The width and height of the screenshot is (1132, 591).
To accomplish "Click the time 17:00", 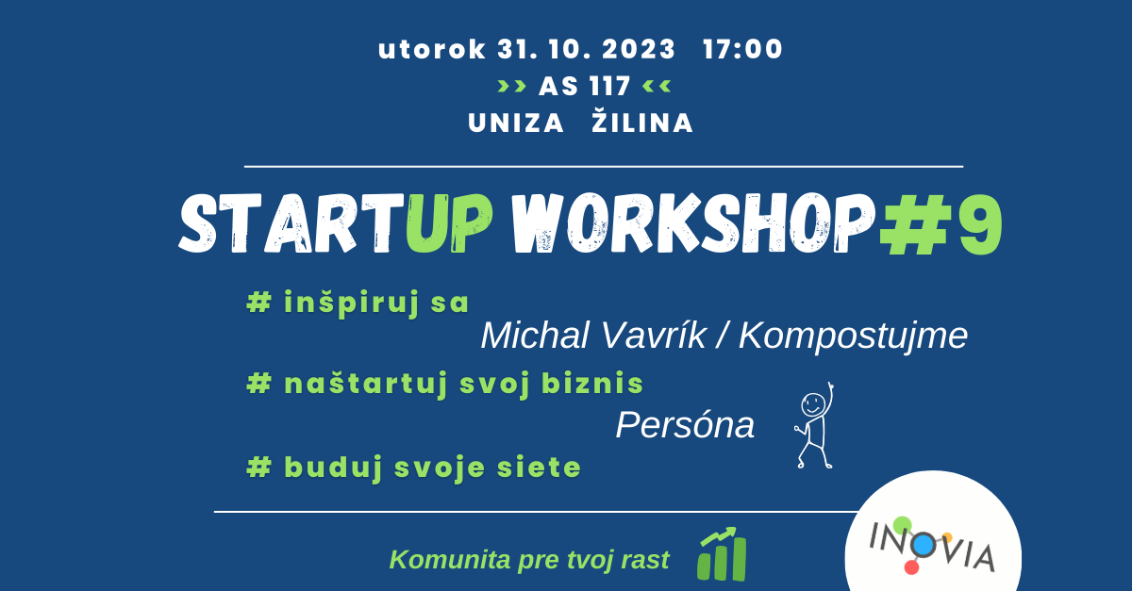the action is pyautogui.click(x=742, y=50).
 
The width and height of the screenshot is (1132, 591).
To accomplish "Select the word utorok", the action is pyautogui.click(x=432, y=50).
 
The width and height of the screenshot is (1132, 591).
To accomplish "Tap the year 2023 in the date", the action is pyautogui.click(x=639, y=50).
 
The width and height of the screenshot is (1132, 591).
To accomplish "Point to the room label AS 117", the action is pyautogui.click(x=585, y=86).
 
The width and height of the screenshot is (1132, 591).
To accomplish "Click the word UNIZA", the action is pyautogui.click(x=515, y=123).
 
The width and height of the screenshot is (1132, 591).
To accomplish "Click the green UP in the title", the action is pyautogui.click(x=449, y=222).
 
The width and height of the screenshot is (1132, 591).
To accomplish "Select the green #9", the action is pyautogui.click(x=941, y=224).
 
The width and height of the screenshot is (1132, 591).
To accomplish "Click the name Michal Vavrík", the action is pyautogui.click(x=593, y=336).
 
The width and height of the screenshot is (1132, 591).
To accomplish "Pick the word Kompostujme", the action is pyautogui.click(x=853, y=337).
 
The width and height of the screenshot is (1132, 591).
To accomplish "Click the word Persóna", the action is pyautogui.click(x=685, y=425).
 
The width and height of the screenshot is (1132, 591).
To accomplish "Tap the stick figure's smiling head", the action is pyautogui.click(x=813, y=404).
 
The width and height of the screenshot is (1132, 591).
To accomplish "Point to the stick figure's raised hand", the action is pyautogui.click(x=829, y=386).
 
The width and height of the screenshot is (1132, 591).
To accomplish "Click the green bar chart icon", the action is pyautogui.click(x=723, y=554).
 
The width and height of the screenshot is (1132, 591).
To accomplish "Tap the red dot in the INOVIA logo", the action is pyautogui.click(x=911, y=567).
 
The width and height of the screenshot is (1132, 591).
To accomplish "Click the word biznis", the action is pyautogui.click(x=592, y=383).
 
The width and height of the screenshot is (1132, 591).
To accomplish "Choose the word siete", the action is pyautogui.click(x=539, y=467).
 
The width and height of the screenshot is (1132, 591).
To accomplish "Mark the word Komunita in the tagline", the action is pyautogui.click(x=450, y=560).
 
